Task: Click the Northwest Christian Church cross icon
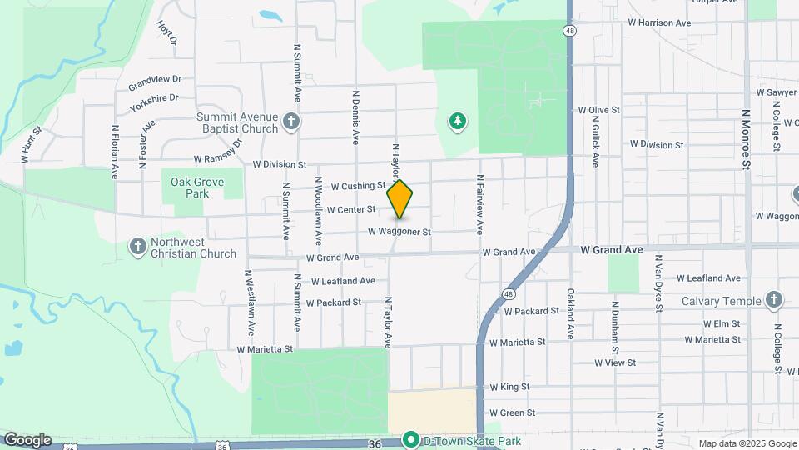pos(138,247)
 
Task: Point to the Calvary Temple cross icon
pos(774,300)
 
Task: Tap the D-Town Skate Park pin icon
pos(410,439)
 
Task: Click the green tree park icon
pos(457,122)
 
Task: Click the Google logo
pos(27,440)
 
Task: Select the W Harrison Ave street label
pos(659,22)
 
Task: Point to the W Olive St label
pos(599,110)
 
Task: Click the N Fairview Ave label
pos(479,203)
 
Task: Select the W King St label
pos(509,387)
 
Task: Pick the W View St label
pos(614,362)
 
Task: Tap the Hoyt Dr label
pos(168,32)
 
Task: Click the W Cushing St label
pos(359,187)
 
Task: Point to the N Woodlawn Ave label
pos(317,208)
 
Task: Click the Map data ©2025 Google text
pos(747,443)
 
